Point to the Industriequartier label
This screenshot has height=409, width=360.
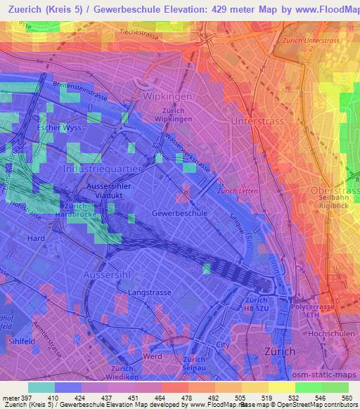point(103,169)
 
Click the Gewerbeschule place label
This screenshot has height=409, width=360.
point(179,212)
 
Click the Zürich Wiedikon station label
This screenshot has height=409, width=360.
point(122,372)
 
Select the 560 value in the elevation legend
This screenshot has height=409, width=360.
point(346,398)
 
